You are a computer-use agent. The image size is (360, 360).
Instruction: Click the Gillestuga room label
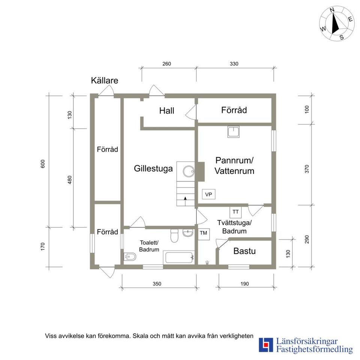click(153, 169)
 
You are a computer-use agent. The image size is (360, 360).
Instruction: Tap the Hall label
click(166, 111)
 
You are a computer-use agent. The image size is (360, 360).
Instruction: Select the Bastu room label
click(244, 251)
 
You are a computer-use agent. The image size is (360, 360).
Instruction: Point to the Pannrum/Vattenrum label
click(234, 165)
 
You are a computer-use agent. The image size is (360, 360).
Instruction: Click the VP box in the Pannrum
click(208, 195)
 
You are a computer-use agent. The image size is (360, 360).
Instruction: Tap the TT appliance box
click(235, 212)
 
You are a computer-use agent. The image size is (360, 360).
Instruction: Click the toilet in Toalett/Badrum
click(174, 235)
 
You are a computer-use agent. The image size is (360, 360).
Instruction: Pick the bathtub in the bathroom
click(179, 258)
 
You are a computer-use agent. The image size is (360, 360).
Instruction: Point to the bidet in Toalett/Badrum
click(130, 256)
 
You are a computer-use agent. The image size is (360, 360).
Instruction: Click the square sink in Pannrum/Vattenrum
click(234, 132)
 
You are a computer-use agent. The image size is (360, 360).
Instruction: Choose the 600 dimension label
click(43, 164)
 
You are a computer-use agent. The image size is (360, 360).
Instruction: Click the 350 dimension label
click(157, 284)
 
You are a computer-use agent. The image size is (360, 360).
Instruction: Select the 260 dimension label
click(166, 64)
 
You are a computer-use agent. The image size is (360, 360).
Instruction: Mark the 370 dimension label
click(307, 169)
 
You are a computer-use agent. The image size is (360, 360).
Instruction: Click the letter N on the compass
click(332, 16)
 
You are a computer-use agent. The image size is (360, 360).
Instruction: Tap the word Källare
click(105, 81)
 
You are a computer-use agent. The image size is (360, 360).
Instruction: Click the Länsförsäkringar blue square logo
click(266, 345)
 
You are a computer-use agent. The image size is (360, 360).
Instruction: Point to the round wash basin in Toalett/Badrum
click(188, 232)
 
